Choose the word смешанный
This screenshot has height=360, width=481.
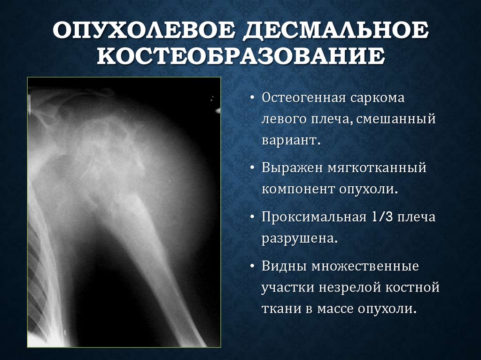pyautogui.click(x=396, y=119)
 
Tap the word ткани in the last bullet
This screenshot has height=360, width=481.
pyautogui.click(x=279, y=309)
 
